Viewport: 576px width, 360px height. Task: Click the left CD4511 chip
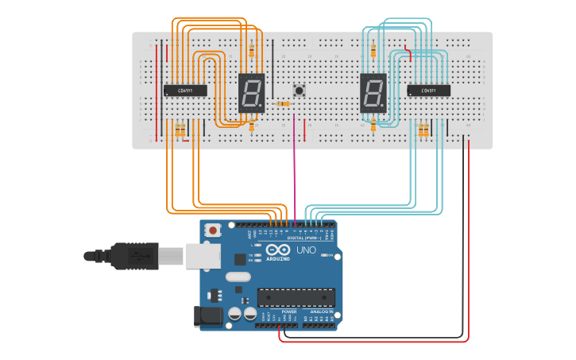click(x=185, y=91)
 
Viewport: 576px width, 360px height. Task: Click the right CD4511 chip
click(x=428, y=91)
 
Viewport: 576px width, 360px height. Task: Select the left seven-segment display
click(x=251, y=93)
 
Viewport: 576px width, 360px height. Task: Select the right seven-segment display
click(x=373, y=93)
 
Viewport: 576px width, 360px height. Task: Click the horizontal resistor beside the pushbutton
click(x=283, y=103)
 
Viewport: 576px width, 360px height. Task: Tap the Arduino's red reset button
click(x=212, y=230)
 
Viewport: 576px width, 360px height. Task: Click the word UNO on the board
click(x=306, y=250)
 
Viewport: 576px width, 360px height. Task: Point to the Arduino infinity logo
click(x=278, y=250)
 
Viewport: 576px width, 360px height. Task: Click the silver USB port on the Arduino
click(x=203, y=255)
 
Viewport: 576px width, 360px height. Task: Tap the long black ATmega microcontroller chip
click(x=295, y=297)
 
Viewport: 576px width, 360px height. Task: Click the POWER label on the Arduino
click(x=277, y=311)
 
